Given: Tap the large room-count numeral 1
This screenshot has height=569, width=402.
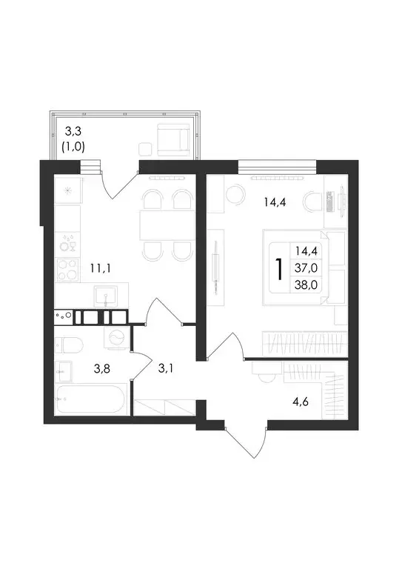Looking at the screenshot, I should pyautogui.click(x=278, y=268).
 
